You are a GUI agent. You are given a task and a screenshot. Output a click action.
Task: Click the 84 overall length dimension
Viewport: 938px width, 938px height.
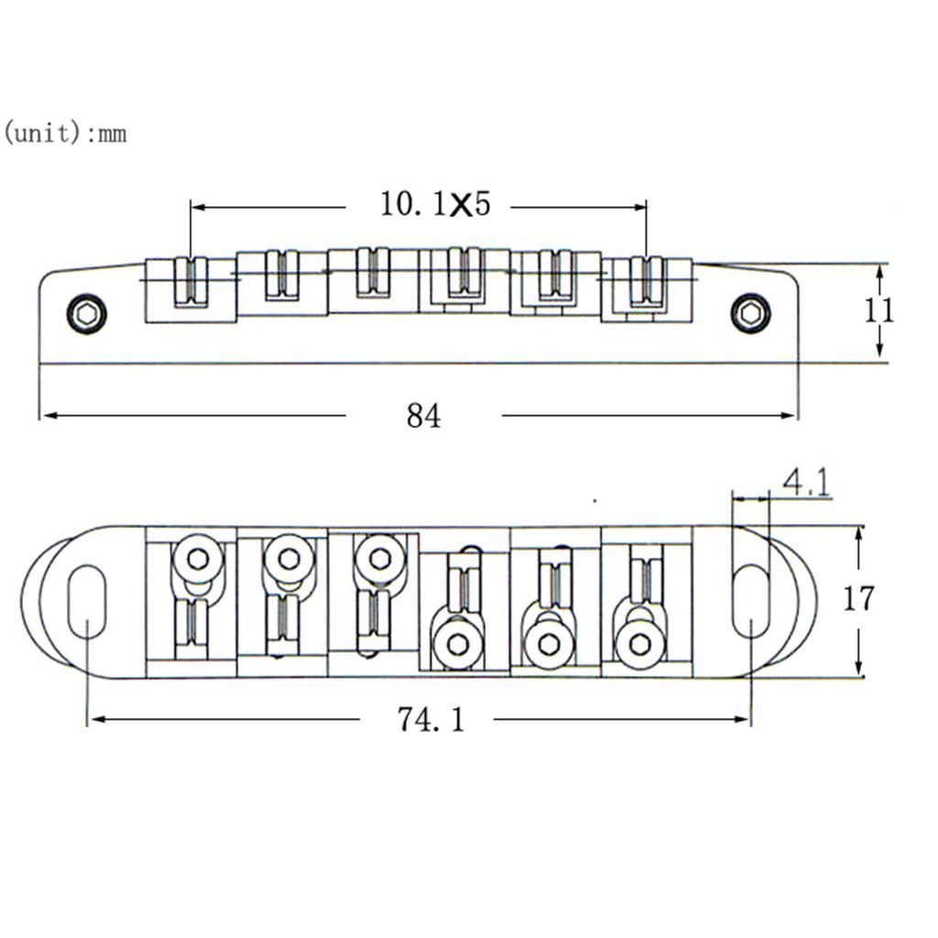[x=423, y=417]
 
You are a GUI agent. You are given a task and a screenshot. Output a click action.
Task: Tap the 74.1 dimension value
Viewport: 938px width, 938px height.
[x=431, y=720]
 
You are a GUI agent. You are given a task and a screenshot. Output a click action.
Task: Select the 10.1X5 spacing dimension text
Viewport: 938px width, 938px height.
[x=435, y=204]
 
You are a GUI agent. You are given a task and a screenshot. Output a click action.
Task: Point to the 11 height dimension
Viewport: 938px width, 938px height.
[x=879, y=311]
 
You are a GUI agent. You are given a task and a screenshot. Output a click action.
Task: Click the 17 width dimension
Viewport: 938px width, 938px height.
[x=858, y=599]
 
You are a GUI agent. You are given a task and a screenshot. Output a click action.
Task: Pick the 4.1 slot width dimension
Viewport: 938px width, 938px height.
[x=806, y=483]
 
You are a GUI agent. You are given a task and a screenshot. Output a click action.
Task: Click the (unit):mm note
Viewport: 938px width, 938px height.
[x=64, y=134]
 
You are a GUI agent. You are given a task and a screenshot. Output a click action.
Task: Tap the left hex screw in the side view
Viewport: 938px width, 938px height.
[x=87, y=314]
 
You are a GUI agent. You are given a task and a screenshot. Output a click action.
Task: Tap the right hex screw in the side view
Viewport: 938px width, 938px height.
[x=750, y=313]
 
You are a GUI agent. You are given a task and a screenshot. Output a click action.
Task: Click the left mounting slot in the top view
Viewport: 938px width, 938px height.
[x=87, y=601]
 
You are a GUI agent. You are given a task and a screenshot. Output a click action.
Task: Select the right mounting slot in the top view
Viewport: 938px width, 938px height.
[x=750, y=601]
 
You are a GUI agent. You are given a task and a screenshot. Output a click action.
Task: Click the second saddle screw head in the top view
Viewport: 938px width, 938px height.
[x=287, y=557]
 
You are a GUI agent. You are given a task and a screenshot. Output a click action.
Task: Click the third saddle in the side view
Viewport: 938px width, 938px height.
[x=373, y=275]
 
